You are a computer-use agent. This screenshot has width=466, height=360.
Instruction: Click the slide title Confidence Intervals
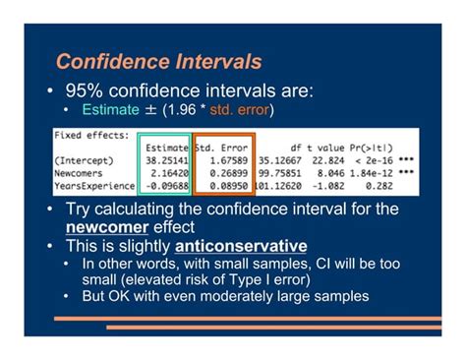click(x=157, y=62)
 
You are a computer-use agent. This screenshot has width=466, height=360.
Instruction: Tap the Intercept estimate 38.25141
click(x=165, y=160)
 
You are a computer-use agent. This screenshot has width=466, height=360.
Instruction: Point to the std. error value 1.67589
click(x=224, y=160)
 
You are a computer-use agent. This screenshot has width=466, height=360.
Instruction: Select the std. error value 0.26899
click(x=224, y=172)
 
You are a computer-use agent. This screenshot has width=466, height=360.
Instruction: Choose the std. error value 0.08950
click(x=224, y=184)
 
